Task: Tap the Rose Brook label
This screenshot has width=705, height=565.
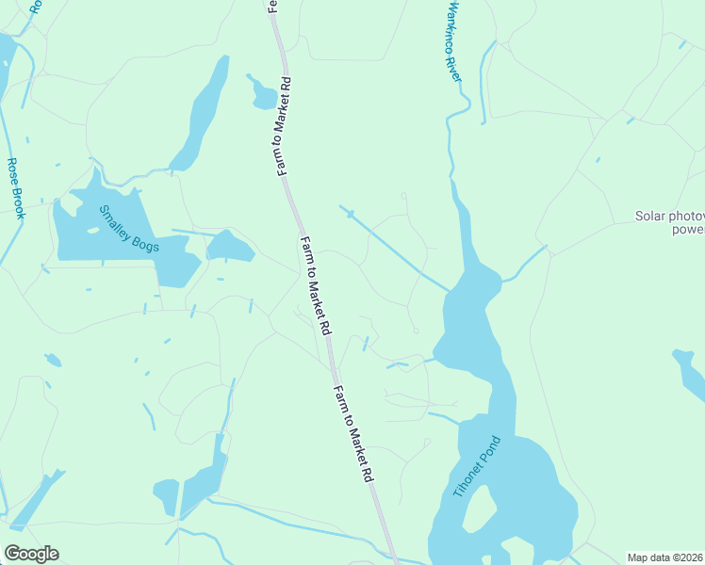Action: click(16, 188)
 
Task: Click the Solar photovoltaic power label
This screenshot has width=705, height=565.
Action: click(670, 222)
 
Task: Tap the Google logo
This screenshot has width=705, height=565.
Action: click(31, 554)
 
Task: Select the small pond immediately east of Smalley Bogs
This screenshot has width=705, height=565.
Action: click(230, 248)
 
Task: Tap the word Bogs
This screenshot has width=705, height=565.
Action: click(145, 245)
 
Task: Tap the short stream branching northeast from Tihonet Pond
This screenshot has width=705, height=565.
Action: click(525, 266)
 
